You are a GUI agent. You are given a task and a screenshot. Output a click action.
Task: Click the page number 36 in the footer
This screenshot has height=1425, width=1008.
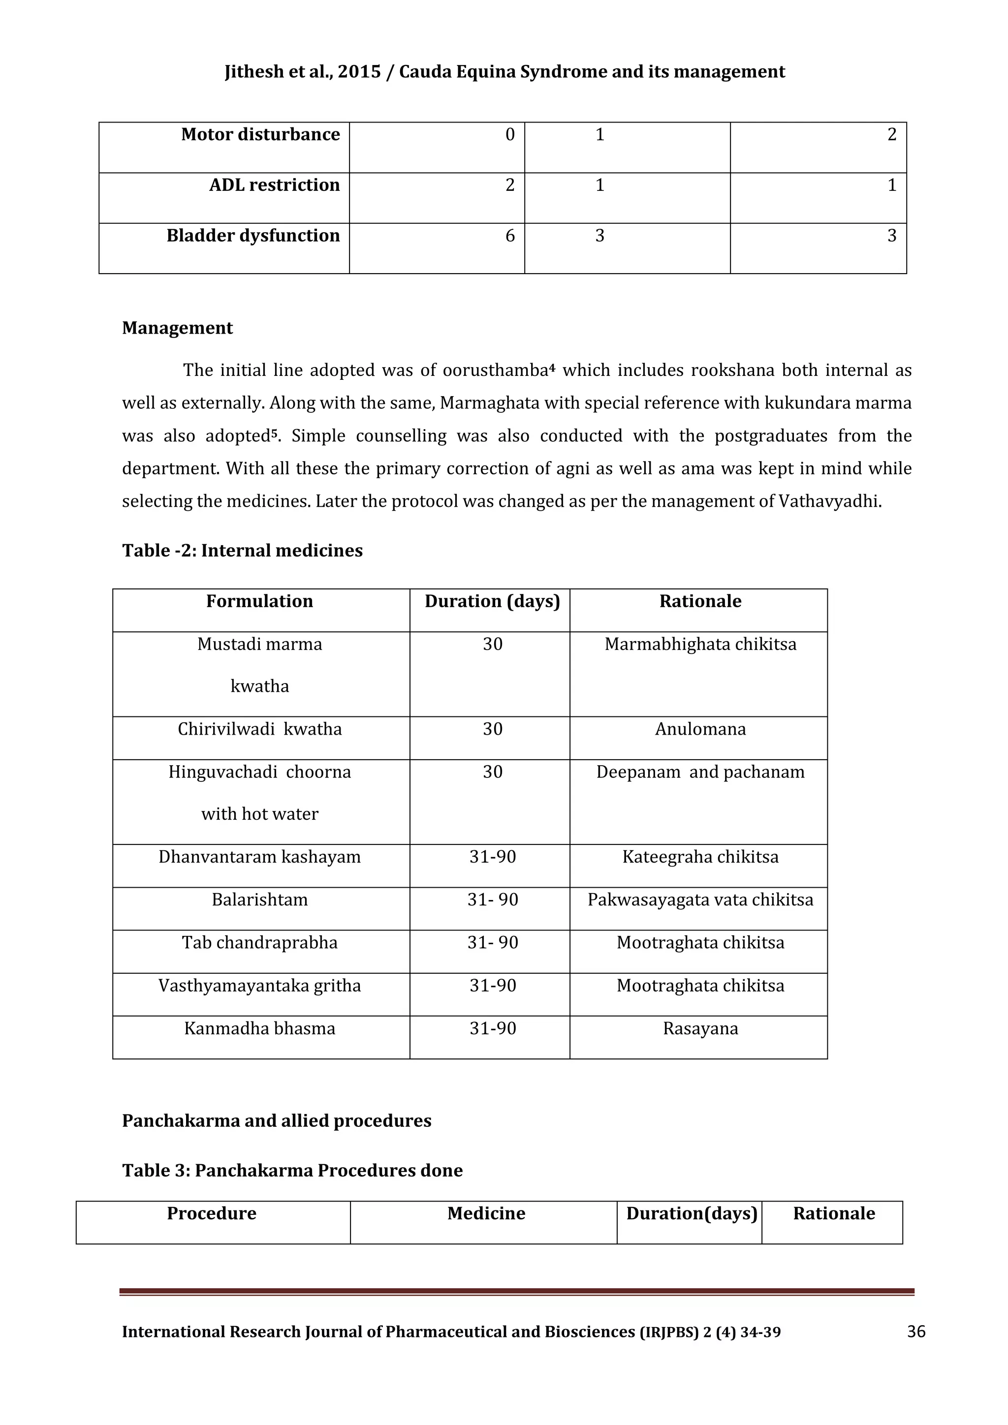tap(916, 1332)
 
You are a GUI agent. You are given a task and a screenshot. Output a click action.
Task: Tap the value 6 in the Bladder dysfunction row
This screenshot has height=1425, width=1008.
tap(509, 236)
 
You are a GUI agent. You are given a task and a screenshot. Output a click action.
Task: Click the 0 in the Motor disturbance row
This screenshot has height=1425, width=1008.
tap(509, 135)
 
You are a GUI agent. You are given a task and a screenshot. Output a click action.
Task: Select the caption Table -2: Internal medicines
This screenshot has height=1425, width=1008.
tap(242, 551)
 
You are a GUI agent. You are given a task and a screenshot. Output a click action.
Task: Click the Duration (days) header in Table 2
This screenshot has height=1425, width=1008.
tap(492, 601)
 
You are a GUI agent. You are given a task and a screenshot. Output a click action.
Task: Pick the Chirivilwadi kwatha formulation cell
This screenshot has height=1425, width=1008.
tap(259, 729)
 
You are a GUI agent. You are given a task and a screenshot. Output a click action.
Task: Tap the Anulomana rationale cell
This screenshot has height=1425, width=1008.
tap(700, 729)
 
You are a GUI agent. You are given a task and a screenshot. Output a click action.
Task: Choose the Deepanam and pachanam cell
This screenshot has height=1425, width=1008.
tap(700, 772)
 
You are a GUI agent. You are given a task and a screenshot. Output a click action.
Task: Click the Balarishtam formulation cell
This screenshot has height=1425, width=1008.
tap(259, 899)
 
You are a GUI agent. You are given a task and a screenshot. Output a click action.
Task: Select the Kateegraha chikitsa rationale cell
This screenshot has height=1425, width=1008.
tap(700, 857)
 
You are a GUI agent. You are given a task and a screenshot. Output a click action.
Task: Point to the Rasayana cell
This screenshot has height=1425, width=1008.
tap(700, 1028)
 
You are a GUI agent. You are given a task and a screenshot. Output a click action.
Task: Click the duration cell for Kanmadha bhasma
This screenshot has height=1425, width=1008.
tap(492, 1028)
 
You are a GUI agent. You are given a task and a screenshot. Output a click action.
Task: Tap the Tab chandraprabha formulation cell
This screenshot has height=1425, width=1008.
tap(259, 942)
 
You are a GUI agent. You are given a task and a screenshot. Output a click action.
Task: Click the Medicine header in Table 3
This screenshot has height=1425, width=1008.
tap(486, 1213)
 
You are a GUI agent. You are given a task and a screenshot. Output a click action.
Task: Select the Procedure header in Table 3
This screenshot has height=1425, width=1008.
tap(211, 1213)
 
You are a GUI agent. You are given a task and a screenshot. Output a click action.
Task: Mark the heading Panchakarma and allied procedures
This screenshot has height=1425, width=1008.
tap(276, 1121)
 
